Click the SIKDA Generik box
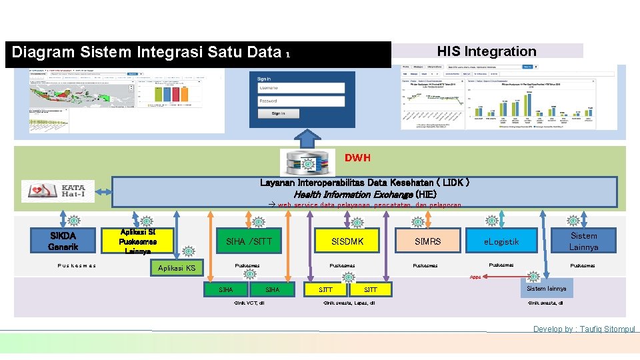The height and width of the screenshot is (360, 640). pos(63,241)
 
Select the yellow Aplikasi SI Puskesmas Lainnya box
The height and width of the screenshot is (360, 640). pos(137,241)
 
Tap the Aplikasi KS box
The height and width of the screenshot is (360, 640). pos(176,268)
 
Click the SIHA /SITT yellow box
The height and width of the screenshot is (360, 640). pos(249,241)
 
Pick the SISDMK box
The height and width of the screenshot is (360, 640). pos(349,241)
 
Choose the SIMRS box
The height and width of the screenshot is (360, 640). pos(427,241)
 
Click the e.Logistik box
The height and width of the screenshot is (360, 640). pos(502,241)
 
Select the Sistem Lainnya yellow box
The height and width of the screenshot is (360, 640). pos(583,241)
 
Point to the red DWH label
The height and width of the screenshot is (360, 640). pos(357,158)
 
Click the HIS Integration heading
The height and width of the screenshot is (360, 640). pos(486,51)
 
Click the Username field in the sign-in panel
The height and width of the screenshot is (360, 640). pos(301,87)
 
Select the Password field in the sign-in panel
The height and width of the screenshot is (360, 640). pos(301,101)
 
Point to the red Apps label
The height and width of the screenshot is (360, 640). pos(475,277)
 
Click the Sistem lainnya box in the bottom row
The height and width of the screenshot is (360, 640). pos(546,289)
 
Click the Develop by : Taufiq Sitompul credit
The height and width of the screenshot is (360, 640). pos(584,329)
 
